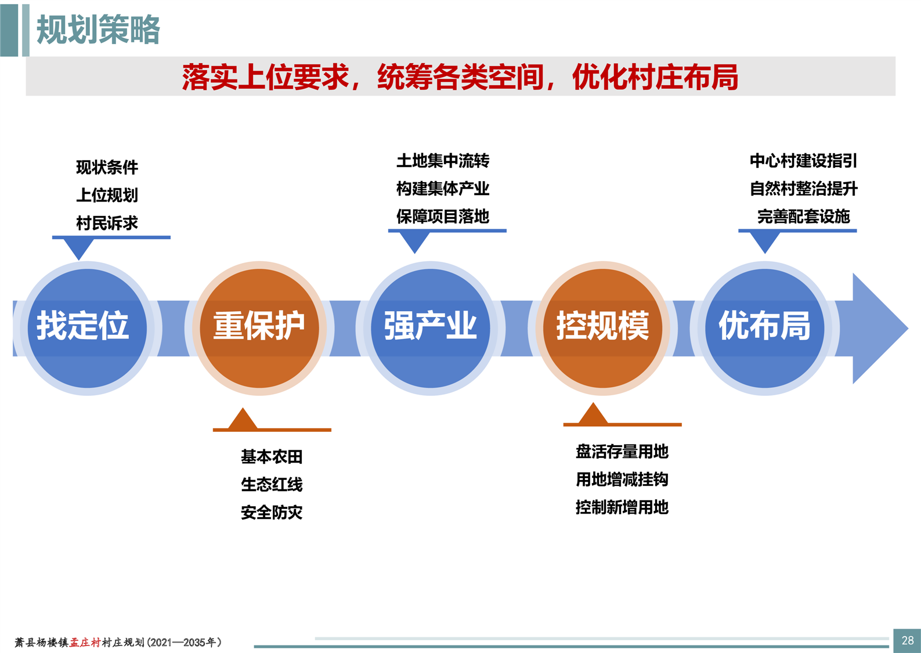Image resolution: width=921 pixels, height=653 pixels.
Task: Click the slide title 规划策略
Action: tap(98, 29)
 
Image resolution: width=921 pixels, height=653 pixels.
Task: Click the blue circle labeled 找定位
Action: tap(87, 328)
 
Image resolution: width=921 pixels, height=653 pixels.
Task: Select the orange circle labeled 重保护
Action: tap(259, 328)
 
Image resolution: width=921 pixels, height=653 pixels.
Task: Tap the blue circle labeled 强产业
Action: tap(431, 328)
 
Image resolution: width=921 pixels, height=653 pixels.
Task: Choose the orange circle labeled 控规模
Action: tap(602, 328)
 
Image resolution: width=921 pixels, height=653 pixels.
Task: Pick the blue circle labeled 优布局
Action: tap(764, 328)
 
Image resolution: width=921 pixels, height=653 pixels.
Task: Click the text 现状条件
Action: tap(107, 167)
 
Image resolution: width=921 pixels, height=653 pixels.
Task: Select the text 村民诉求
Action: tap(107, 223)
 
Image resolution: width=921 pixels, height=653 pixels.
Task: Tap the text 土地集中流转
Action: tap(443, 161)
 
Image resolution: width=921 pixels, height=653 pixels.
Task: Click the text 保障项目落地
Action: tap(443, 217)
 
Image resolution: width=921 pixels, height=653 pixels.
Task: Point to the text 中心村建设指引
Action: tap(803, 161)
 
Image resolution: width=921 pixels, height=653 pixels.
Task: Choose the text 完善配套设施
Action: tap(803, 217)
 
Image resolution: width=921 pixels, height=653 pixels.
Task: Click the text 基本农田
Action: tap(272, 457)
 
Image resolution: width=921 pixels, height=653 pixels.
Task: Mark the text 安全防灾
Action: tap(272, 513)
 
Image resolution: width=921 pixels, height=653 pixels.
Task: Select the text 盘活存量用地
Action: tap(622, 452)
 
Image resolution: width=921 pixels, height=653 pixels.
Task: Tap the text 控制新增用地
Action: tap(622, 507)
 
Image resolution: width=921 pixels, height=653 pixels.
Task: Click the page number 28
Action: tap(908, 640)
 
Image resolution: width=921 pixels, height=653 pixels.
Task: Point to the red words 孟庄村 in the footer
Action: tap(85, 643)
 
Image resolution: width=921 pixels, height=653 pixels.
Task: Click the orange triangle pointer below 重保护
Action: tap(243, 419)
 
